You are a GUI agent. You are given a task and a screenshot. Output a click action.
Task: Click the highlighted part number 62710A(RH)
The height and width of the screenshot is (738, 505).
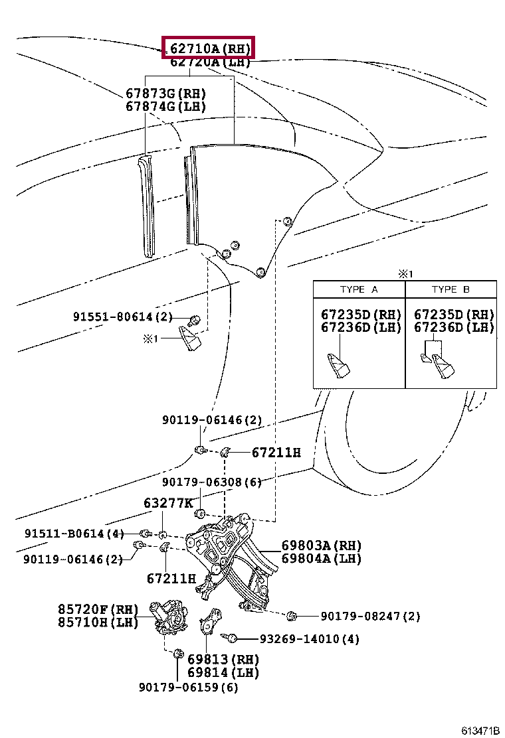(x=209, y=48)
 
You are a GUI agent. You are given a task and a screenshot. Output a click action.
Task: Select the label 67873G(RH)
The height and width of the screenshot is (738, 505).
(x=165, y=94)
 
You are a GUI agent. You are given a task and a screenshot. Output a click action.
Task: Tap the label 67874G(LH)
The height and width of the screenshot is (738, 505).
(x=165, y=106)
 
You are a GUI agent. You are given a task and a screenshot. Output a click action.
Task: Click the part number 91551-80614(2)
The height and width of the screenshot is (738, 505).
(x=123, y=317)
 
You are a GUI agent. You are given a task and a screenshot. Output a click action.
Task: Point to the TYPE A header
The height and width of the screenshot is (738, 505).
(x=359, y=289)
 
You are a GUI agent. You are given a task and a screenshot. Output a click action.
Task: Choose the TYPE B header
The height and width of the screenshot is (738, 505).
(x=451, y=289)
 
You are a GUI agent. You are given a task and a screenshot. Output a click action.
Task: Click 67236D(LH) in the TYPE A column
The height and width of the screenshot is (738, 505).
(x=361, y=327)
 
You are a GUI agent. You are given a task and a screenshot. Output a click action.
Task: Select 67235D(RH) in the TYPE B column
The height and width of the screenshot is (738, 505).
(x=454, y=315)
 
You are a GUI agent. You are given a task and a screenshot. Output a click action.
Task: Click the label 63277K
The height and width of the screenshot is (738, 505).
(x=168, y=503)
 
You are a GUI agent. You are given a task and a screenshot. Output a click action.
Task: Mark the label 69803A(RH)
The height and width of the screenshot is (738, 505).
(x=321, y=546)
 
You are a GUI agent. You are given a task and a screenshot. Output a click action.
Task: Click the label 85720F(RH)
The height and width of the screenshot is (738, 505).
(x=97, y=609)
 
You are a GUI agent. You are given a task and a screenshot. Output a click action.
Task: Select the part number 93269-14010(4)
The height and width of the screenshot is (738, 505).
(x=309, y=639)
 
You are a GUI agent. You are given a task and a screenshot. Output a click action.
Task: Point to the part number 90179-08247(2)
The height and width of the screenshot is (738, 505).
(x=370, y=617)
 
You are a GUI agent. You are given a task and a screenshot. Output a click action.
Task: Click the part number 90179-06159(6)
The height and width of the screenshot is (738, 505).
(x=188, y=687)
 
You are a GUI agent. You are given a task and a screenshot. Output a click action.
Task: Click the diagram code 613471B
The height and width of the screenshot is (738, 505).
(x=480, y=730)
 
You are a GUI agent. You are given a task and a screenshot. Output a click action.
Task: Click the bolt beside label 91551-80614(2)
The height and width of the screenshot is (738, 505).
(x=195, y=319)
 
